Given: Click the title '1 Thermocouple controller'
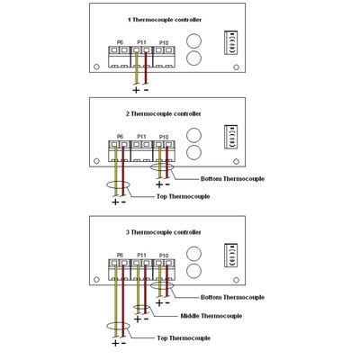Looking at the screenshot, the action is coord(165,20).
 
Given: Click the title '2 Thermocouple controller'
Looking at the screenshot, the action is coord(164,114).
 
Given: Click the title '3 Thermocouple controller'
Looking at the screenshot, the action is coord(164,232).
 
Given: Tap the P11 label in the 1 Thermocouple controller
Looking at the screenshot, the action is coord(141,42).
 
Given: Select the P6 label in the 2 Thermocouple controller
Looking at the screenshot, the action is coord(120,137).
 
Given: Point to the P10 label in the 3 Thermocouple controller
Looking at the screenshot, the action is coord(164,256).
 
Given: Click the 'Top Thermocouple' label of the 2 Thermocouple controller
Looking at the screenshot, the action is coord(184,196).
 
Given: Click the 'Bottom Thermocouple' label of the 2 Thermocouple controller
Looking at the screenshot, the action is coord(232,179).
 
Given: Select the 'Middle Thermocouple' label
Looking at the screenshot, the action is coord(211,316).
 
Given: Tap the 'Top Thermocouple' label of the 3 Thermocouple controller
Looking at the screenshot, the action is coord(184,338).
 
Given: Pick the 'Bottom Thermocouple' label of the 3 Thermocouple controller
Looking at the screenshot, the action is coord(232,297).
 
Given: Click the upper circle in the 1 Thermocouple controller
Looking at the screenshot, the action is coord(193,40).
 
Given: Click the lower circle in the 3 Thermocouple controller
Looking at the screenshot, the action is coord(193,270).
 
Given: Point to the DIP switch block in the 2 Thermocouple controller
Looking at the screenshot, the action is coord(231,137).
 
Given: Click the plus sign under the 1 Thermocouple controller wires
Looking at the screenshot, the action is coord(136,90).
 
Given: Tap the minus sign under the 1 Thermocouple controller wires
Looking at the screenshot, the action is coord(146,90).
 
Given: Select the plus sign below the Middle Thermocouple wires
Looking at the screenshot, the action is coord(138,319).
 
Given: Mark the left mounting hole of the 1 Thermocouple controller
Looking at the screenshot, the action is coord(96,67).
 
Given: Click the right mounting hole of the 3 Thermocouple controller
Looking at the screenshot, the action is coord(236,280).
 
